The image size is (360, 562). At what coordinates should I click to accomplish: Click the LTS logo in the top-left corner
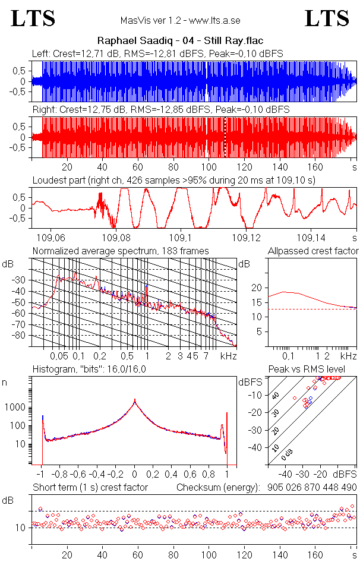tap(33, 19)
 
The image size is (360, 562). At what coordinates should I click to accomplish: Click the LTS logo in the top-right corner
tap(327, 19)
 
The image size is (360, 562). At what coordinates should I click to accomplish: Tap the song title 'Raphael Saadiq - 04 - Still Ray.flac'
tap(179, 41)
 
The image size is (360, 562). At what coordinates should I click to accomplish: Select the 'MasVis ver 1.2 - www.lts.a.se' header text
tap(179, 21)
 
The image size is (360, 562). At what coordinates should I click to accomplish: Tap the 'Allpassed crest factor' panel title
tap(313, 251)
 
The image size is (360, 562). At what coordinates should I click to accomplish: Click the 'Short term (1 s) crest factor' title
tap(90, 487)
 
